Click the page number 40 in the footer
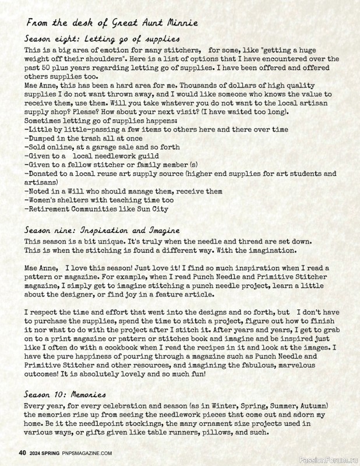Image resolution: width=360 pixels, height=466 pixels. click(x=23, y=453)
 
